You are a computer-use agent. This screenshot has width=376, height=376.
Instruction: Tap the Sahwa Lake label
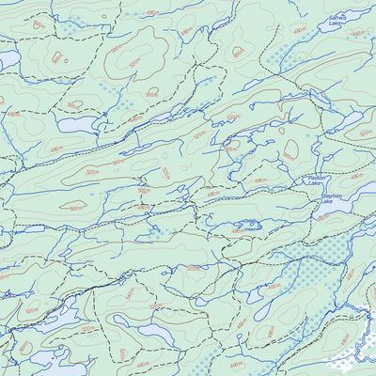pos(336,20)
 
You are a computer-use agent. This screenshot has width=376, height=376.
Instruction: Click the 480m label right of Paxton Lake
pos(356,176)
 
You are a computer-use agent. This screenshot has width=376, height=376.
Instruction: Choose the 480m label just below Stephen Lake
pos(322,217)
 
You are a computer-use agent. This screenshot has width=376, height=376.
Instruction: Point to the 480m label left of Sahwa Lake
pos(298,30)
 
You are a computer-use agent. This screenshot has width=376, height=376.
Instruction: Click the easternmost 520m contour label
pos(364,134)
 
